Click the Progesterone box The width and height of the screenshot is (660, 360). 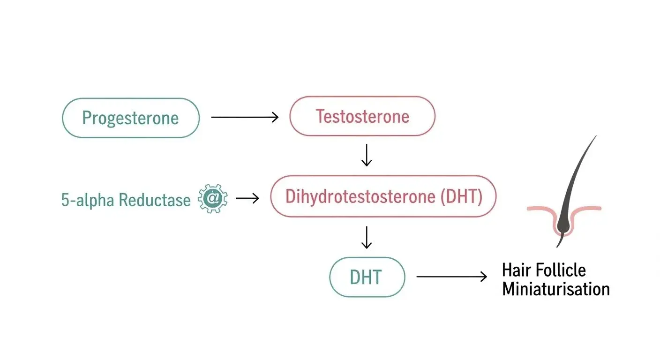(131, 118)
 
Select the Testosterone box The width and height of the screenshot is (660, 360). (362, 116)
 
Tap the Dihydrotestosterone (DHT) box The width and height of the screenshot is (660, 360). (383, 197)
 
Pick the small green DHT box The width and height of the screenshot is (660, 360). (367, 277)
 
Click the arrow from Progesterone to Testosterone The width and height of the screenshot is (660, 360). (245, 117)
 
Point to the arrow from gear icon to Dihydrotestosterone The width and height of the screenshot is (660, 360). (247, 198)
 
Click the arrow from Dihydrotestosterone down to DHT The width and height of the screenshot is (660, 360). (367, 238)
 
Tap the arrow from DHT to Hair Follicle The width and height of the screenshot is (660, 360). (451, 277)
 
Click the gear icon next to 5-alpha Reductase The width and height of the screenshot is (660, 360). (213, 199)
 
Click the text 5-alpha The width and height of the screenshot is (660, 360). (88, 200)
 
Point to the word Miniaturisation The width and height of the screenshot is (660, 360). (555, 289)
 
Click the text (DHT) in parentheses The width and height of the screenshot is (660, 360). (461, 197)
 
